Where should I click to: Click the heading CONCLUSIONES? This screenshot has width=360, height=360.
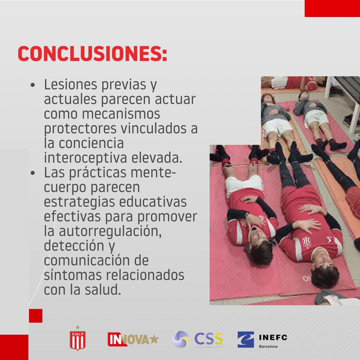click(x=92, y=53)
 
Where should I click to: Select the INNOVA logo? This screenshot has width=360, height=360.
click(x=133, y=339)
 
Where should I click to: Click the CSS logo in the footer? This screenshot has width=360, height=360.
click(x=198, y=339)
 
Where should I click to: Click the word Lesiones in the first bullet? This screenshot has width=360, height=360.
click(x=68, y=85)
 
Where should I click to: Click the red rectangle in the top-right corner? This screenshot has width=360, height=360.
click(x=332, y=8)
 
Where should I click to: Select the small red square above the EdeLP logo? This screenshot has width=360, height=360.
click(x=36, y=316)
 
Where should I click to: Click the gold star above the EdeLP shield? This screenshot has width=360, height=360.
click(x=78, y=327)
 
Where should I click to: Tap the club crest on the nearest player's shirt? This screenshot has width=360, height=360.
click(x=306, y=242)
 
